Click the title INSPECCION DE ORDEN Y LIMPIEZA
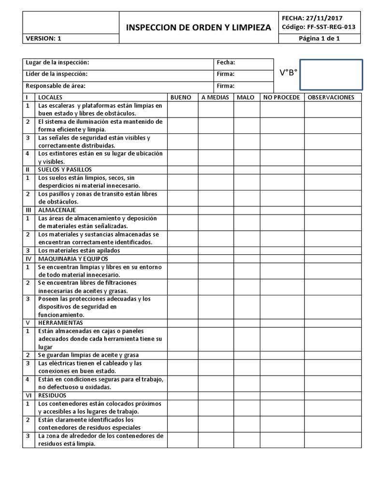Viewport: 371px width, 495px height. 199,28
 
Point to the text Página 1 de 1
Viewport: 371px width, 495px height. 320,39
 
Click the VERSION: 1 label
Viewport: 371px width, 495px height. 43,39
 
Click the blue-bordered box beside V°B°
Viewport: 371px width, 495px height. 331,74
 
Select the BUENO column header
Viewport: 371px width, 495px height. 181,97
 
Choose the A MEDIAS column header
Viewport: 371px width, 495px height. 215,97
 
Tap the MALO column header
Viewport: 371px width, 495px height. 245,97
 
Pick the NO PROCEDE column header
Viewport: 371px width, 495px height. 281,97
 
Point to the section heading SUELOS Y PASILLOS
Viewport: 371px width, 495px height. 65,170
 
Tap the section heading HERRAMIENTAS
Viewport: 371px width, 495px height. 60,322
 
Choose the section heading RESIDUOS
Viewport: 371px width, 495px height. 52,395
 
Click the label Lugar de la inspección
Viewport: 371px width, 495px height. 57,63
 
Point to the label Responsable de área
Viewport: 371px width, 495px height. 56,86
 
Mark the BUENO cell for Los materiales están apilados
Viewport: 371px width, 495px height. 181,250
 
